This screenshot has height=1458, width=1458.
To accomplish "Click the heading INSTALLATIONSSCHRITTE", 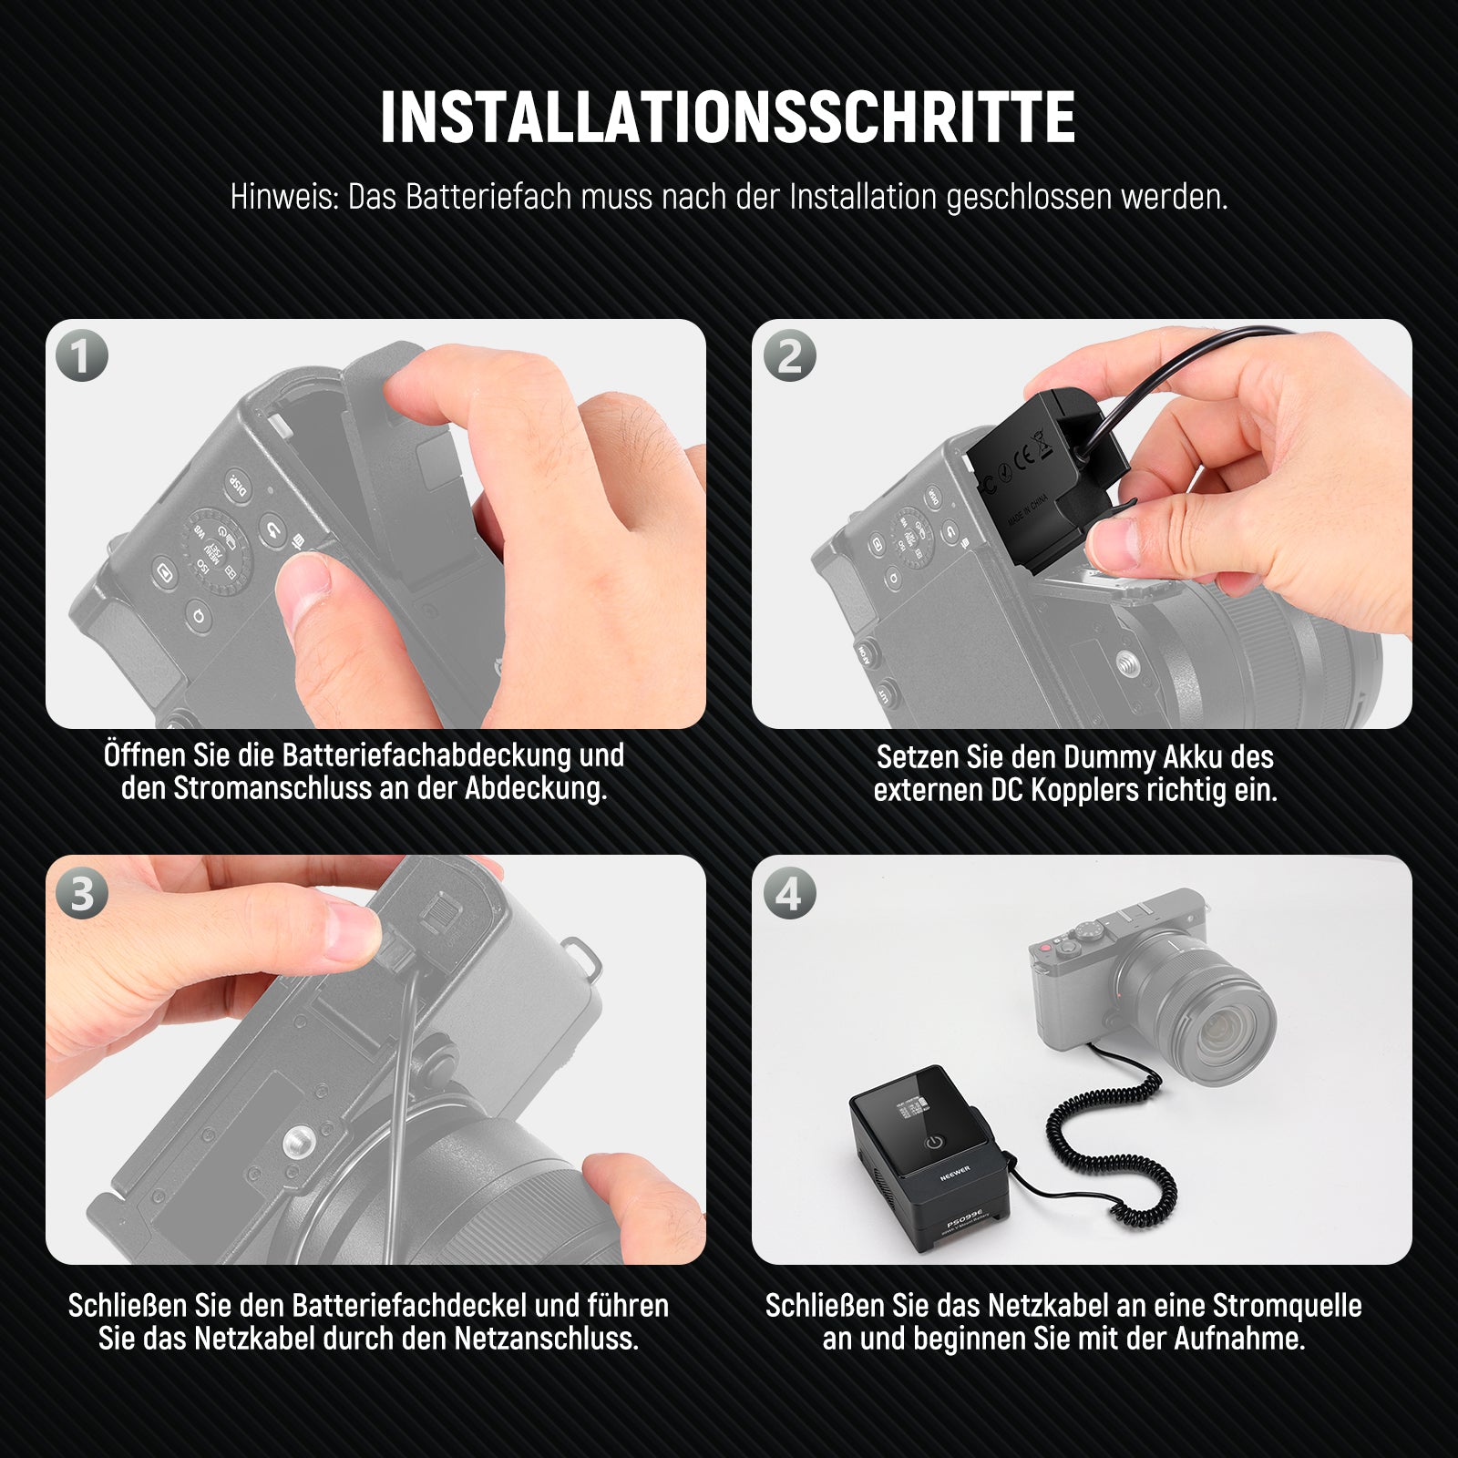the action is coord(727,118).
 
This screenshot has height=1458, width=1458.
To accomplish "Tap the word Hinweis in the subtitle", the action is coord(284,197).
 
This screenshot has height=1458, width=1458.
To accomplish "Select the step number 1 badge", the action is coord(82,355).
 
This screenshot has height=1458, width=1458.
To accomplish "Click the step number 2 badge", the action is coord(789,355).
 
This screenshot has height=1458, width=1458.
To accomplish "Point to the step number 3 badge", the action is coord(82,893).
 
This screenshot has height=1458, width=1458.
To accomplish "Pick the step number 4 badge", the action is coord(789,893).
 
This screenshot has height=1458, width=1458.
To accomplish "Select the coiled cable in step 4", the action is coord(1107,1139).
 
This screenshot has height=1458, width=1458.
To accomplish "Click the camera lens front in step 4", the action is coord(1217,1021).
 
